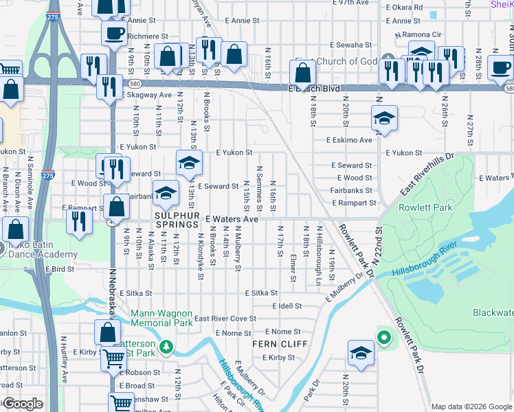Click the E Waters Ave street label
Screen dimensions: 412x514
(232, 219)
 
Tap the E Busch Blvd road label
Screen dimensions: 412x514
(314, 89)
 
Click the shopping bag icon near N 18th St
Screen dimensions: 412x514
(302, 72)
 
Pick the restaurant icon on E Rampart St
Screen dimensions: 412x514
(80, 220)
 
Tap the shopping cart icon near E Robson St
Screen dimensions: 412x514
(113, 357)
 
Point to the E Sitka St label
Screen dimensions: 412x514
(260, 293)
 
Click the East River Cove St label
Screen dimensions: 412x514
(225, 319)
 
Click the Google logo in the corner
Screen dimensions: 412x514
(23, 404)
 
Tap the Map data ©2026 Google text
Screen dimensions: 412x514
(471, 407)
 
